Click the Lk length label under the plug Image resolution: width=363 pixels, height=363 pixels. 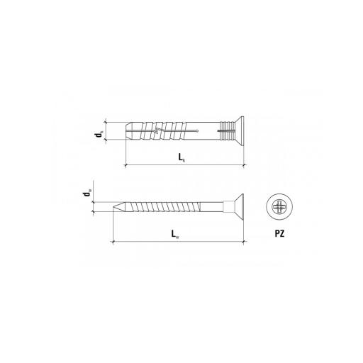(181, 157)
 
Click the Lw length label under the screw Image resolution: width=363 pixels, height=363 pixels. (175, 234)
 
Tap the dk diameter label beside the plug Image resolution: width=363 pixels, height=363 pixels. (99, 134)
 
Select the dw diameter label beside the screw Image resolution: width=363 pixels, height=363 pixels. (86, 193)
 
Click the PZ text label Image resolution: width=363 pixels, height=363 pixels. (279, 233)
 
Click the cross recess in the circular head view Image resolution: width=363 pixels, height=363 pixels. (279, 206)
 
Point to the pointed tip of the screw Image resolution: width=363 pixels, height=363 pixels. (114, 206)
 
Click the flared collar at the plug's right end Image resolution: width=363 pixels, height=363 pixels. (239, 131)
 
